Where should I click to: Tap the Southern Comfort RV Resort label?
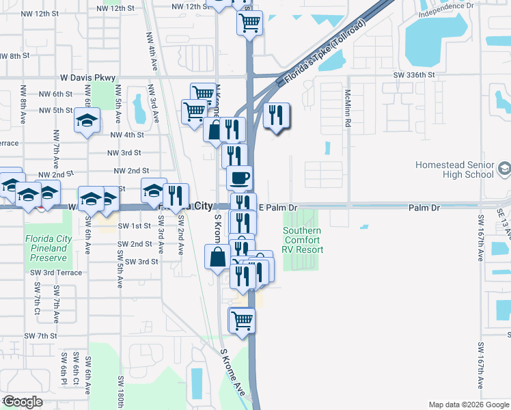[303, 240]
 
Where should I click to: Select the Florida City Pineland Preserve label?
[46, 248]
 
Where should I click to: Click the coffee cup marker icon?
[239, 179]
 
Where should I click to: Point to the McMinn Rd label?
[348, 110]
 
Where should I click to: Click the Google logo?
[22, 402]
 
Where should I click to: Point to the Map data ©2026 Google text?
[468, 405]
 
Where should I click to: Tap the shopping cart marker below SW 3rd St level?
[242, 320]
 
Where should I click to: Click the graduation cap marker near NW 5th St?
[87, 122]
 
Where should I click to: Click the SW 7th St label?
[40, 336]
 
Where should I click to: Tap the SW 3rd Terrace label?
[56, 273]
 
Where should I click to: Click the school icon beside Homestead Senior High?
[504, 168]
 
